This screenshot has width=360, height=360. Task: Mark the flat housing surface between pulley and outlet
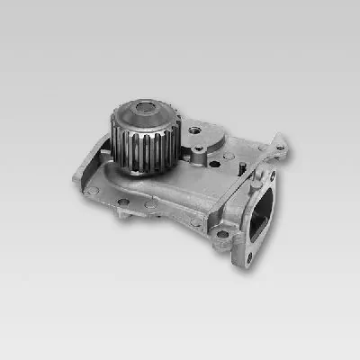pos(216,184)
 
